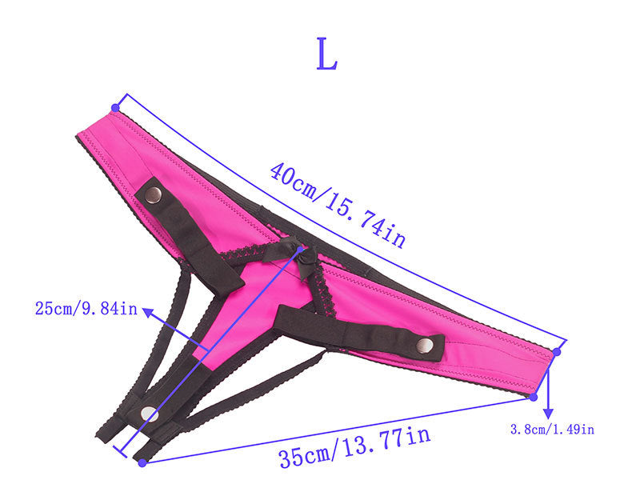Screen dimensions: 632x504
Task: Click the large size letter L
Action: tap(326, 54)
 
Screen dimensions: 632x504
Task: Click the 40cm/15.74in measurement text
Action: tap(338, 206)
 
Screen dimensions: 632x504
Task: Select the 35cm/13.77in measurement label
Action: tap(354, 447)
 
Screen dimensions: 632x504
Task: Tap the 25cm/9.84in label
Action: tap(86, 309)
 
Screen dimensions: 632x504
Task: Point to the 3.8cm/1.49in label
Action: tap(552, 430)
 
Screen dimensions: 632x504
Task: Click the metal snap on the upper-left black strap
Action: tap(153, 194)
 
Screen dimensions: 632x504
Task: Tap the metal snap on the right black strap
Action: tap(425, 345)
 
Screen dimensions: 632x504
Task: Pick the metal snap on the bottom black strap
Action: tap(149, 414)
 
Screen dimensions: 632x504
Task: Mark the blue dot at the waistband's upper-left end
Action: tap(116, 108)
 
